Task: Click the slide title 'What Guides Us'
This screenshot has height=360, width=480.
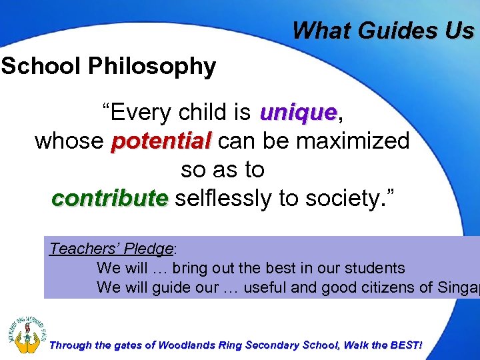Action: pos(383,30)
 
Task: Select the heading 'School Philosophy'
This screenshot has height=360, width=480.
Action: pos(108,66)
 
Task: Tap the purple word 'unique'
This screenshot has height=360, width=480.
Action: pos(299,113)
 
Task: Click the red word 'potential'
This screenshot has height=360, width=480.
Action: pos(161,141)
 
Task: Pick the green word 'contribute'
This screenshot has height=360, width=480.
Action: pos(110,198)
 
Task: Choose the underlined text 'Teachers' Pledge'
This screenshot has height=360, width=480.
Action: pos(111,249)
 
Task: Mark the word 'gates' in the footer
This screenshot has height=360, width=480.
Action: pos(126,345)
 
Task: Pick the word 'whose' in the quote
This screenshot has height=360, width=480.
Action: pos(69,141)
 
